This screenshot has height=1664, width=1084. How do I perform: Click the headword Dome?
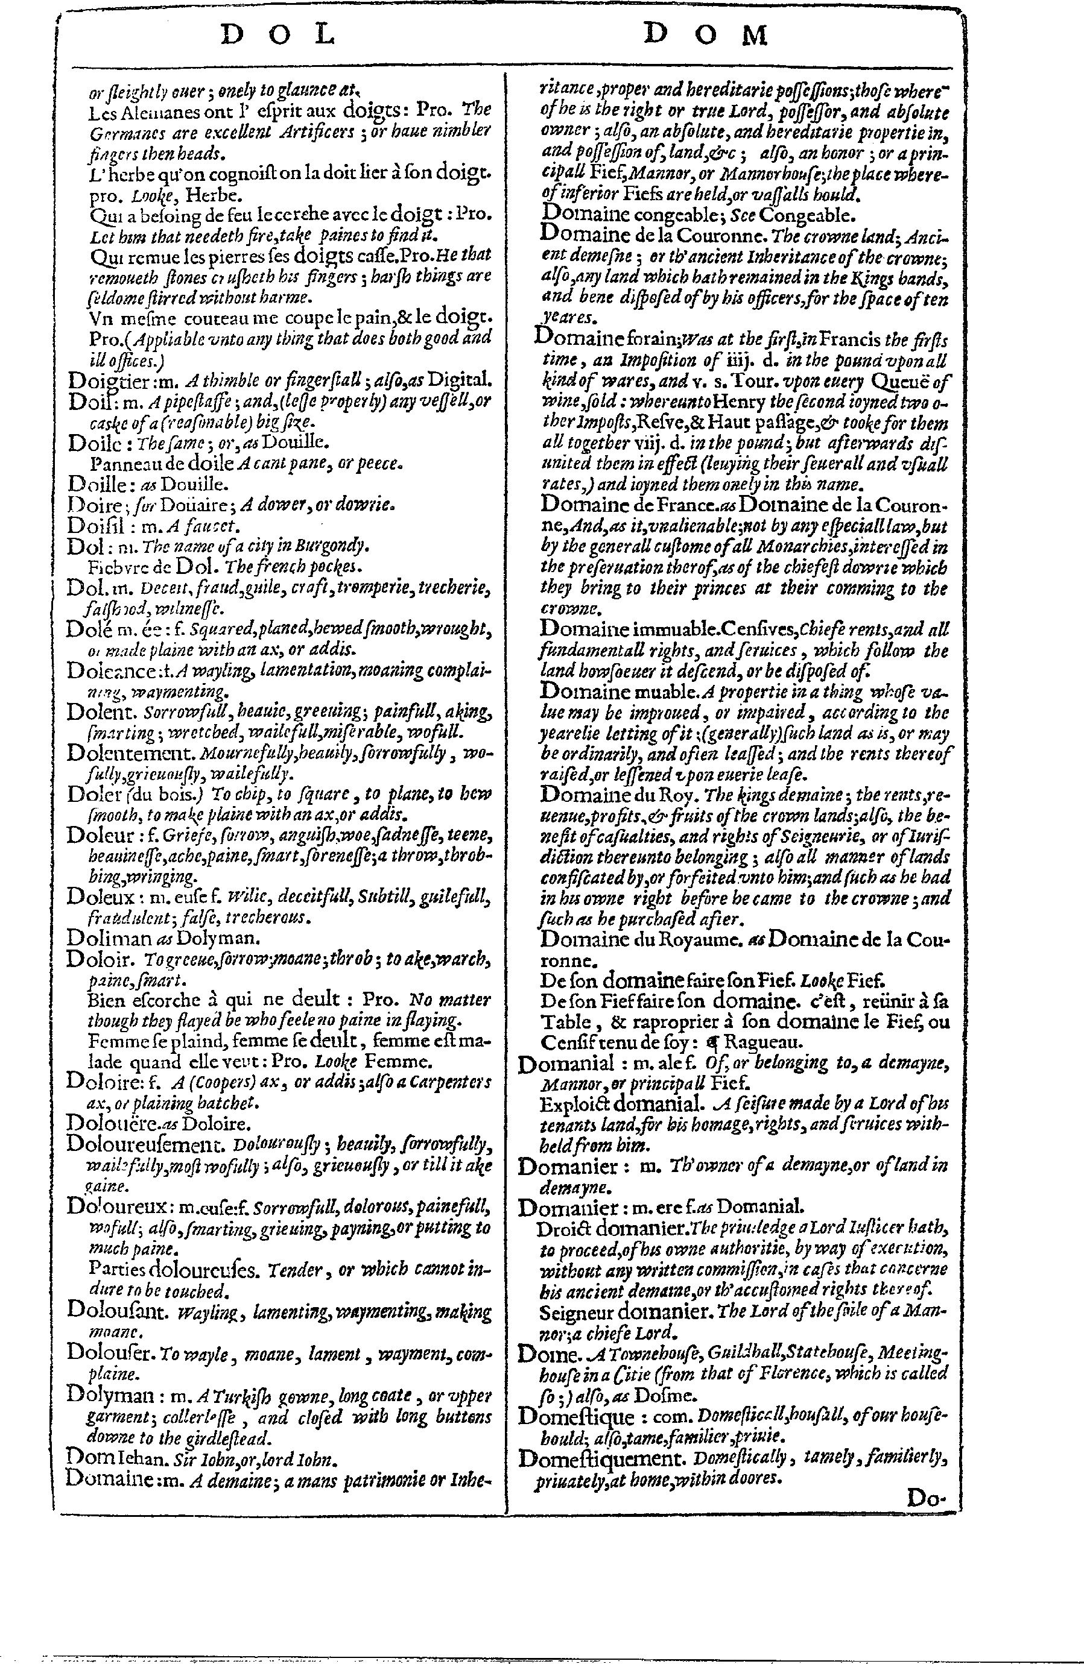tap(546, 1353)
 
